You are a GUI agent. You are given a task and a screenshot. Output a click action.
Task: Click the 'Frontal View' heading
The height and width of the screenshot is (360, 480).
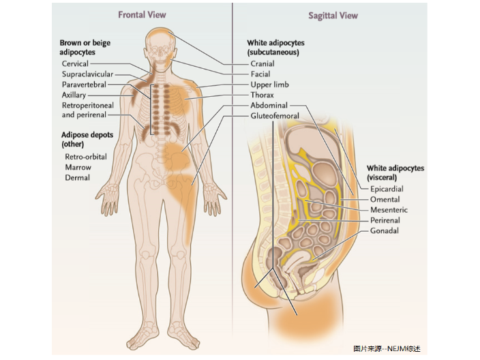coord(142,14)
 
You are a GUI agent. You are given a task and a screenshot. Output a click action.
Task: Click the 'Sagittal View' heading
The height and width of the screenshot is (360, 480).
coord(333,15)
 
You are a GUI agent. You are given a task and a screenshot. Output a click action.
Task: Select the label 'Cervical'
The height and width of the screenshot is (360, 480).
coord(75,63)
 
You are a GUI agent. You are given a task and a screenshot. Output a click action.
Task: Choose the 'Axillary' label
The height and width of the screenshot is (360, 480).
coord(74,95)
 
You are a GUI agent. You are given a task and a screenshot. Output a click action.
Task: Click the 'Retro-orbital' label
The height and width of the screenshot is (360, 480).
coord(85,156)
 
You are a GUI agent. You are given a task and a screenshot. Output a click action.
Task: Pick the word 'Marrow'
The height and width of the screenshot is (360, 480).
coord(78,167)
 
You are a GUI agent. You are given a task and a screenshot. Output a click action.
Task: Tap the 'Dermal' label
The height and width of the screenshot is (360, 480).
coord(77,178)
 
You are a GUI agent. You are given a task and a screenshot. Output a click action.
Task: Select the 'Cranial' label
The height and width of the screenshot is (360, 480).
coord(262,63)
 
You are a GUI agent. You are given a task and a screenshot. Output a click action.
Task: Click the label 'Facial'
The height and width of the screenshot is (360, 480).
coord(260,74)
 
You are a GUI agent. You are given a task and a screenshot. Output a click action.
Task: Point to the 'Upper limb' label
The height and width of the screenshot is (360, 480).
coord(269,85)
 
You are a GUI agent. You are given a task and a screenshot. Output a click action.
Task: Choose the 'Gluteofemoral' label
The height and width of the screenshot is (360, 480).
coord(274,117)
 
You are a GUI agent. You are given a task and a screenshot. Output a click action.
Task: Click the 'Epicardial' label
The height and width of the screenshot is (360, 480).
coord(387,189)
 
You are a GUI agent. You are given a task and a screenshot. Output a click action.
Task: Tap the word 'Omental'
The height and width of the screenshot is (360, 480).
coord(385,200)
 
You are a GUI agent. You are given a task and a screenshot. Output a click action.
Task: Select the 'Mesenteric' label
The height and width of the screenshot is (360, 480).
coord(389,210)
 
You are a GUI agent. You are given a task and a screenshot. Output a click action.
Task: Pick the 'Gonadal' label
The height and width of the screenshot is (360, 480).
coord(384,231)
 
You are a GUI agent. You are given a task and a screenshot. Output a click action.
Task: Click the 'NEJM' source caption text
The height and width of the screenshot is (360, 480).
coord(387,348)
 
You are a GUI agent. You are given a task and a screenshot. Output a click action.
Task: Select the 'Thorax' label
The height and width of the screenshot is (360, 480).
coord(262,95)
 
